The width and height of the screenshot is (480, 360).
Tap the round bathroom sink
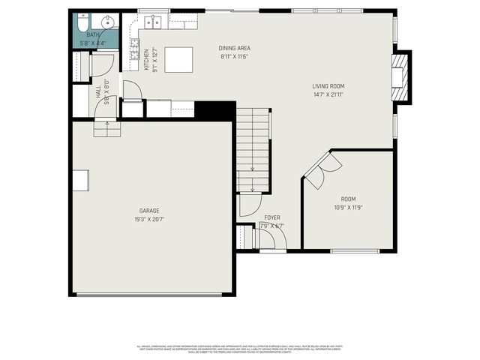point(109,21)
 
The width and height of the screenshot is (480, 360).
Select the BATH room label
point(92,34)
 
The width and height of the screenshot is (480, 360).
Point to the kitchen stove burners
point(135,53)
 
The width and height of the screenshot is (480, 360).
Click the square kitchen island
point(178,58)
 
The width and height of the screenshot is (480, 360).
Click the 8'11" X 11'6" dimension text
point(234,56)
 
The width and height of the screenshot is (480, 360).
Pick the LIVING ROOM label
point(328,85)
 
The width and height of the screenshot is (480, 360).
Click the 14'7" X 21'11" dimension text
point(328,94)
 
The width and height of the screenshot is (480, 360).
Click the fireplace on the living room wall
point(402,77)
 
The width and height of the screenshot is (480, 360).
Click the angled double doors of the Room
point(318,171)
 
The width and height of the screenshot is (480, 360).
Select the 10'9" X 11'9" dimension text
point(348,208)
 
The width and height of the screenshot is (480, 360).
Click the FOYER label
point(272,217)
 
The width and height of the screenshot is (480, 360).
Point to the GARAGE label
point(149,211)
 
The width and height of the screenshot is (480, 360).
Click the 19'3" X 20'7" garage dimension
point(149,220)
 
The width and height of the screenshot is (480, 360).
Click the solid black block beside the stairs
point(214,109)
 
